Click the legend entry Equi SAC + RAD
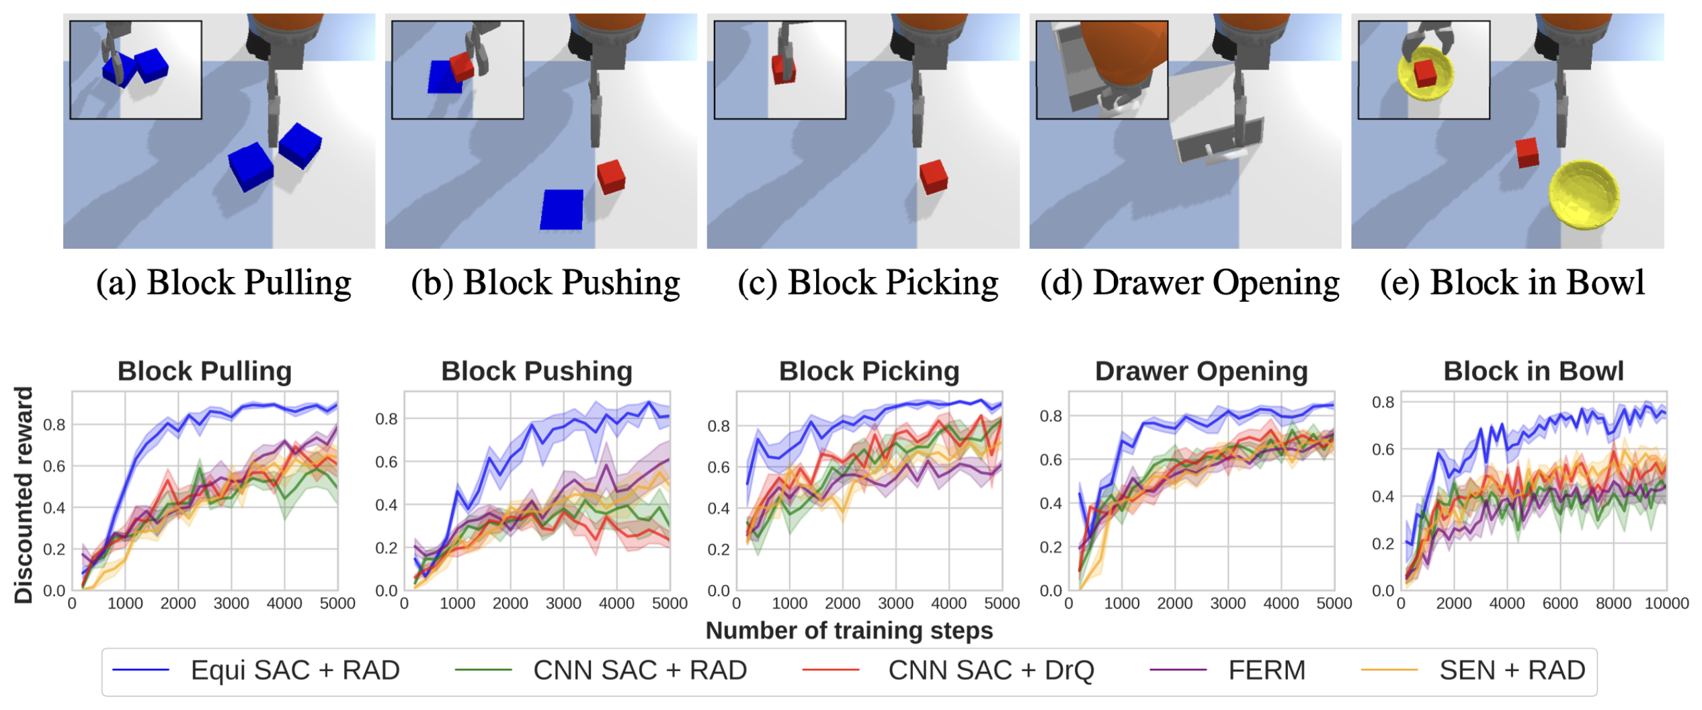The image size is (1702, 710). [294, 670]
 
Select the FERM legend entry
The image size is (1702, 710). [1266, 670]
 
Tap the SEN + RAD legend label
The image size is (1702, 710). [1512, 670]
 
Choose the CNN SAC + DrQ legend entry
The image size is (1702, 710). [991, 670]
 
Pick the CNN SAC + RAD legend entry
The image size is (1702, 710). [639, 670]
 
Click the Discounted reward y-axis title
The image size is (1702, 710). [24, 495]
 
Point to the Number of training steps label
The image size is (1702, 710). [849, 631]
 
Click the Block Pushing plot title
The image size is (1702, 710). [536, 371]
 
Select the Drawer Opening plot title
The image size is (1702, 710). [1201, 371]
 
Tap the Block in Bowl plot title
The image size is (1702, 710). [1533, 371]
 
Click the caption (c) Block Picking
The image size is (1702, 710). [868, 282]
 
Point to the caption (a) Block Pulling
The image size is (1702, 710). [223, 282]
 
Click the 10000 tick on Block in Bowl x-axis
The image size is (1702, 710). [1666, 603]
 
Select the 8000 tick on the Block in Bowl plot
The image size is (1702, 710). [1613, 603]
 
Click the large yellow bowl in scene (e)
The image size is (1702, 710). [1584, 195]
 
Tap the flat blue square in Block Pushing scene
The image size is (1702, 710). [562, 209]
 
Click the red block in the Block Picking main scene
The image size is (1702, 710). [933, 176]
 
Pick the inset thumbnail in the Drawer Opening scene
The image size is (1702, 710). [1102, 70]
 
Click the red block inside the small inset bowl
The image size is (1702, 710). [1425, 73]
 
